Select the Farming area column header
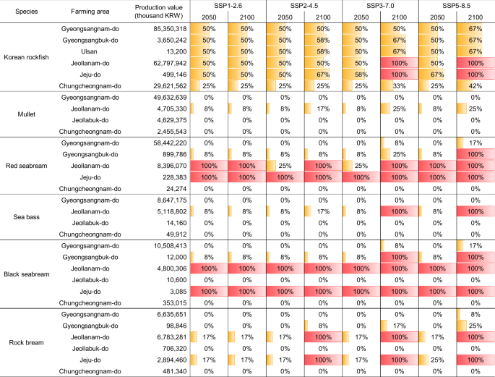[x=90, y=12]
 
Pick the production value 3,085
[x=178, y=291]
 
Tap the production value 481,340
[x=173, y=371]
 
